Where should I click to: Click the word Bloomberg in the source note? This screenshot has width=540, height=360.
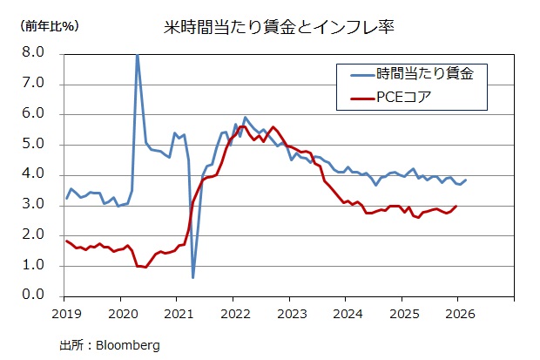(x=129, y=344)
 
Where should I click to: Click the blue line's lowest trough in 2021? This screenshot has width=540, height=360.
(x=192, y=277)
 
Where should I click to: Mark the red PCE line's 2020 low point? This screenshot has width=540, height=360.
(x=145, y=267)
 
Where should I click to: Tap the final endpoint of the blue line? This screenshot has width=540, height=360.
(x=466, y=180)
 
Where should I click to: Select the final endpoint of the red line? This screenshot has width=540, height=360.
(x=456, y=207)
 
